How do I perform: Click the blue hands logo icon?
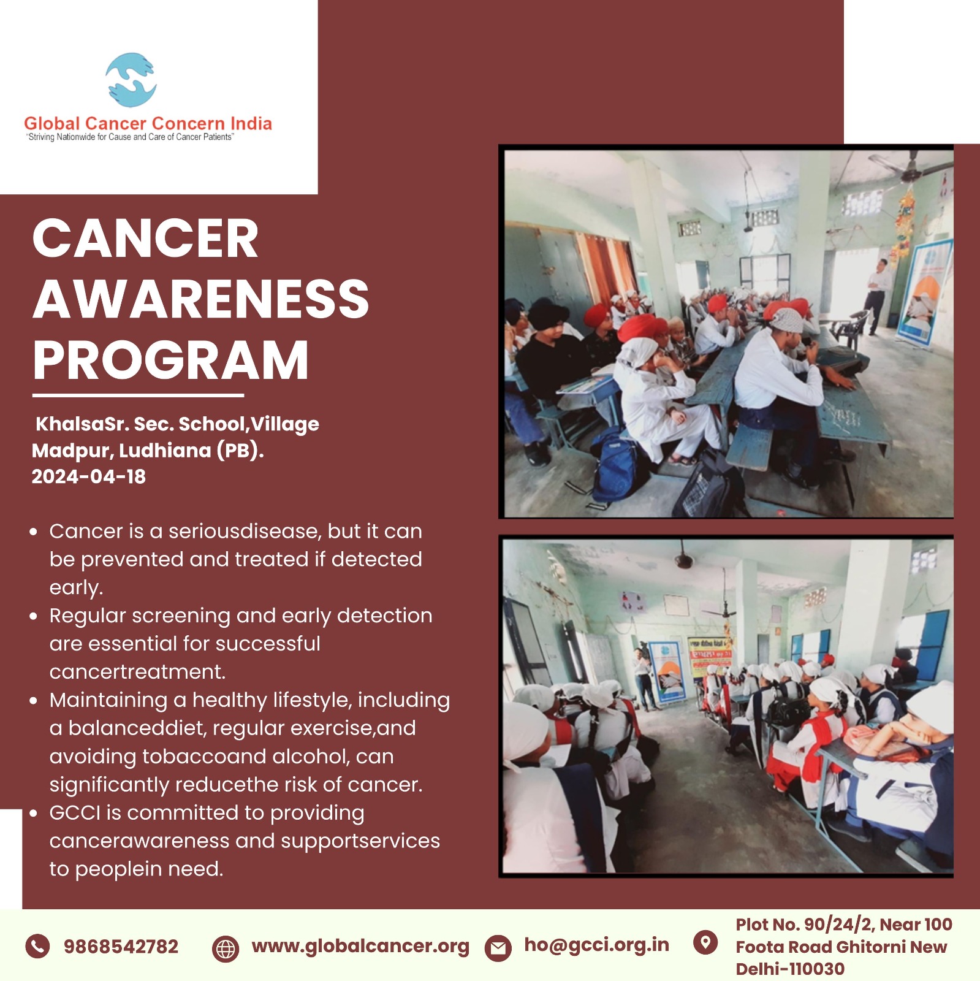(131, 80)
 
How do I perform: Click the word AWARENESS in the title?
(201, 299)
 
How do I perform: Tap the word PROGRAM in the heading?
(170, 360)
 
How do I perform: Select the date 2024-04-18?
(89, 476)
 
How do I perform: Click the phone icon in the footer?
(37, 946)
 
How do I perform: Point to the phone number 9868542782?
(121, 947)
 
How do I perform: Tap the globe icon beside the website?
(225, 949)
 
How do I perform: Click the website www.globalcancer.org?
(360, 947)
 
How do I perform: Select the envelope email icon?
(498, 949)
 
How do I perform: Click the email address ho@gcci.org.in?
(596, 945)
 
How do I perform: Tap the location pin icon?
(705, 942)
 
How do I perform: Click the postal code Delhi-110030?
(790, 969)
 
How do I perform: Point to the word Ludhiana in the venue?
(165, 451)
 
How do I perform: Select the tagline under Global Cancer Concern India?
(131, 137)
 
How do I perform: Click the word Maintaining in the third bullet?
(108, 700)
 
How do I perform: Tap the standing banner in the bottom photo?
(665, 673)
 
